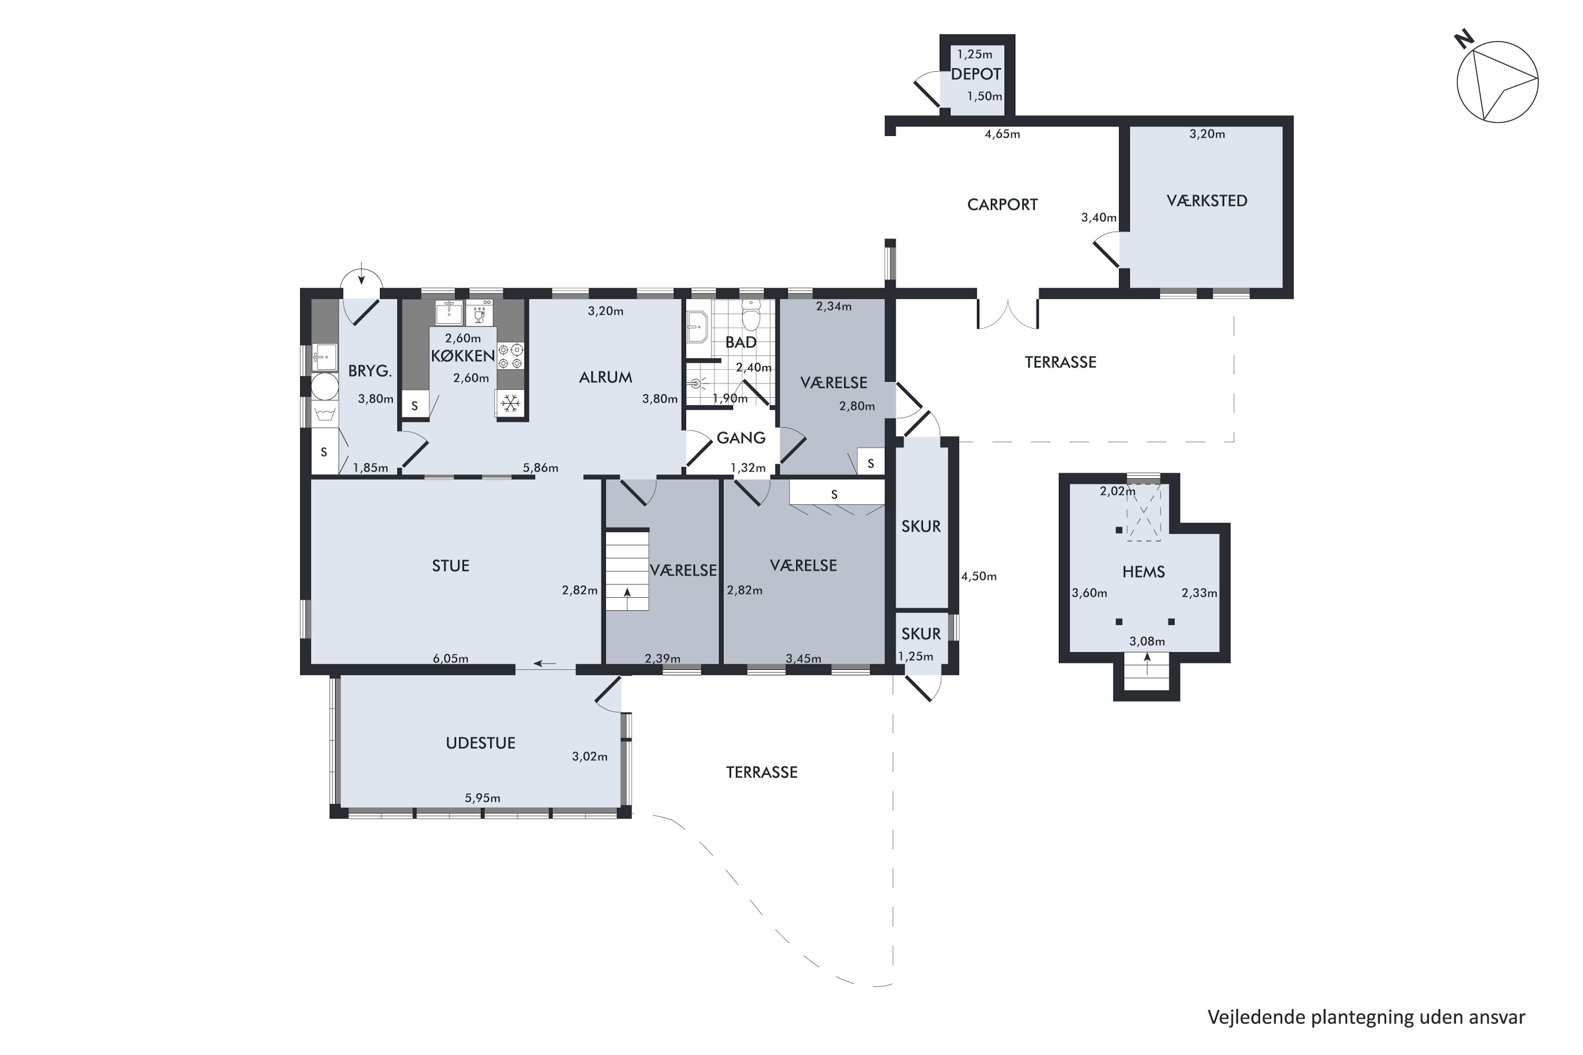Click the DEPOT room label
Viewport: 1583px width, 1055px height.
click(975, 74)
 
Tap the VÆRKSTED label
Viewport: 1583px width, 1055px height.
click(1207, 200)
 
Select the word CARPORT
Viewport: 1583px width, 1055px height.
click(1002, 205)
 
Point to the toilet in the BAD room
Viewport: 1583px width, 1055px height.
click(750, 315)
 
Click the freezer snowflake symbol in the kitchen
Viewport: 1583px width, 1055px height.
click(511, 404)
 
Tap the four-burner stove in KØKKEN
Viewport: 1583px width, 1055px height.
click(511, 356)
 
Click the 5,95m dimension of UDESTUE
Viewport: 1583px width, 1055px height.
click(483, 798)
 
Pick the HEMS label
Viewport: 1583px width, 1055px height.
click(1143, 572)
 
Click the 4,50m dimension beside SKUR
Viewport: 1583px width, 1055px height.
click(979, 576)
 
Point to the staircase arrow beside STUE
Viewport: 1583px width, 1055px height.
click(627, 592)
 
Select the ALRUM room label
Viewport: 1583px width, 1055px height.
click(606, 378)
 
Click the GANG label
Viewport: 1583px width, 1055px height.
click(741, 438)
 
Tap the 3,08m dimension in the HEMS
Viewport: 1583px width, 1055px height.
click(1147, 641)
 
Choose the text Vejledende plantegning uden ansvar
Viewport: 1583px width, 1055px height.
click(1366, 1016)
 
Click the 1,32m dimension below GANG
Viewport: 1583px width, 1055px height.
click(748, 467)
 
